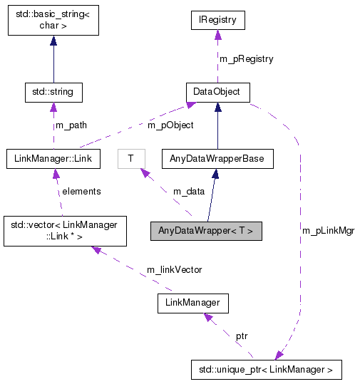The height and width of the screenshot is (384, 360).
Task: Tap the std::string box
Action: click(x=53, y=92)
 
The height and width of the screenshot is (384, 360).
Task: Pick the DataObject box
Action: click(x=217, y=92)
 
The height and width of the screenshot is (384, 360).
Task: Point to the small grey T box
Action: click(x=130, y=157)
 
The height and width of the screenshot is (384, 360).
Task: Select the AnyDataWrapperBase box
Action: click(x=217, y=157)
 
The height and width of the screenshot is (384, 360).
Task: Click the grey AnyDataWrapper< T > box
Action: click(x=205, y=231)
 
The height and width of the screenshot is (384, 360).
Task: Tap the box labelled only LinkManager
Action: click(x=193, y=303)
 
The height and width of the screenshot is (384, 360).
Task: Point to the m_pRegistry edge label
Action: click(x=245, y=58)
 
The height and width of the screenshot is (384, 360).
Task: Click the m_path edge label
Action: click(x=71, y=125)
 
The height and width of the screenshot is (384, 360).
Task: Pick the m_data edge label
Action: click(x=187, y=191)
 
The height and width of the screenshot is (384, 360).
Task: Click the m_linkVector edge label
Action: click(x=175, y=269)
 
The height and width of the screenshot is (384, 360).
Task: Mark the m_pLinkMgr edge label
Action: click(x=328, y=230)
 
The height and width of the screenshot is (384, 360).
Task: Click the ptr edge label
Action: click(x=242, y=335)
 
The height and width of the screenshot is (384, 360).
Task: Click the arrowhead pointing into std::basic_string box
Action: click(x=53, y=41)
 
